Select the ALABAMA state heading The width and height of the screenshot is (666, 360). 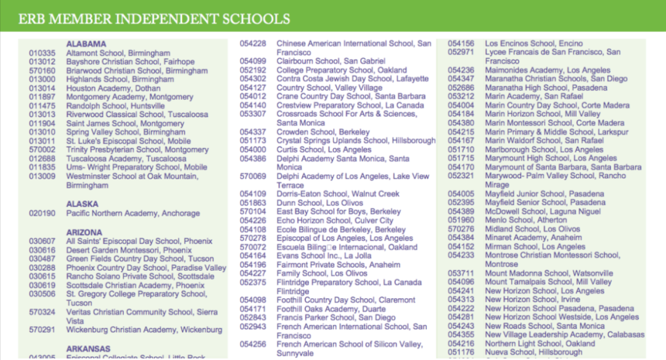point(86,44)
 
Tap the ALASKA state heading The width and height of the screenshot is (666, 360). point(82,204)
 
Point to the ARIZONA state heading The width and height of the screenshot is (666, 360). point(84,232)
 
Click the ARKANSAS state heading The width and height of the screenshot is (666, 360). point(88,348)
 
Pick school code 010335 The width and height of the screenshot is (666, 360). point(42,53)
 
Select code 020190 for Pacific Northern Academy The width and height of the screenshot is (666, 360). point(42,213)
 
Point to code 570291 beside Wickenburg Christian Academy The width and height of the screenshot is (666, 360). point(42,330)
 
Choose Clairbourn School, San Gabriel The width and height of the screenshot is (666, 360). point(331,61)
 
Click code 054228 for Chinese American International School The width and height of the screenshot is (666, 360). point(253,44)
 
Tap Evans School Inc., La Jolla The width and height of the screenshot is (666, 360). point(324,255)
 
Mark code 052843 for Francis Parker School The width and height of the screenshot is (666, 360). point(253,317)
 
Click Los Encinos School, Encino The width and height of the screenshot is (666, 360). point(533,44)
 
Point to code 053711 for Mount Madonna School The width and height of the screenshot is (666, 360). point(461,273)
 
